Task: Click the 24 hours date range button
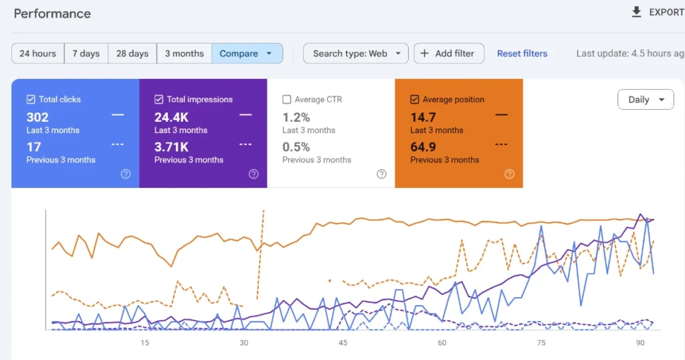click(38, 54)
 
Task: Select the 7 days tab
click(86, 54)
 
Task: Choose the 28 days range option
click(132, 54)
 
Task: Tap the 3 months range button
click(184, 54)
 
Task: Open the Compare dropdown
click(247, 54)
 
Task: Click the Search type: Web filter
click(356, 54)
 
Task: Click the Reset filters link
click(522, 54)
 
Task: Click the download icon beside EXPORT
click(636, 12)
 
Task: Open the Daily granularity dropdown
click(646, 100)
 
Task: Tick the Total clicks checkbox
click(31, 100)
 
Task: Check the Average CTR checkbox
click(287, 100)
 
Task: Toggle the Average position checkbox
click(415, 100)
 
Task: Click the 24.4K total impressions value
click(172, 118)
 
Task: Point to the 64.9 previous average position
click(423, 147)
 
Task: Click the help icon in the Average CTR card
click(381, 174)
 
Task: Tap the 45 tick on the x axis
click(342, 343)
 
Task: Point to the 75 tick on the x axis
click(541, 343)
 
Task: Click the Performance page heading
click(52, 13)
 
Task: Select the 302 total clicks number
click(37, 118)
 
